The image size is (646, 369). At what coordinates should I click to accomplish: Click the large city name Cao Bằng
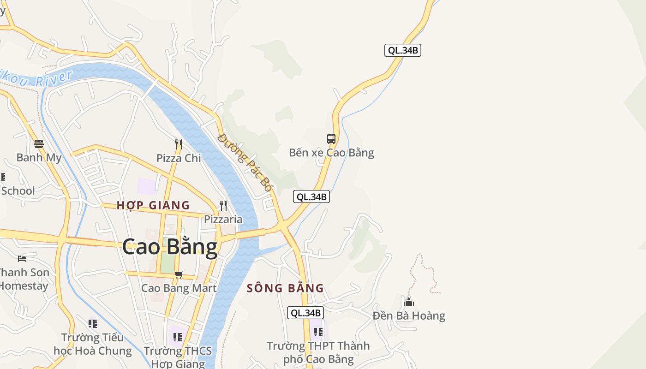coord(170,247)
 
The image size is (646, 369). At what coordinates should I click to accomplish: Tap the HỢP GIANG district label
coord(153,205)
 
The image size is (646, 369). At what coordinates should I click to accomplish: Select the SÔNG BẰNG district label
coord(285,288)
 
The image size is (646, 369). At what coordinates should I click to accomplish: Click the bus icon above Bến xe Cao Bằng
coord(331,138)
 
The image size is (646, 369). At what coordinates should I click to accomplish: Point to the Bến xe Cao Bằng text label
coord(331,153)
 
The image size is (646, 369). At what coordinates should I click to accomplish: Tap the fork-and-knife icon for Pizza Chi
coord(179,144)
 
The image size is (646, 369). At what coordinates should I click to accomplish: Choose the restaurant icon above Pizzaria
coord(223,205)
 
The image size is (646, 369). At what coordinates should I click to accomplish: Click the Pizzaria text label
coord(223,219)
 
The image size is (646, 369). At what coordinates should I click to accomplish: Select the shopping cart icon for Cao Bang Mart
coord(179,275)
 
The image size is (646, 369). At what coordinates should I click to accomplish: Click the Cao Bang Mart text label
coord(179,288)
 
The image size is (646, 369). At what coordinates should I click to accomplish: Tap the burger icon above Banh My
coord(39,144)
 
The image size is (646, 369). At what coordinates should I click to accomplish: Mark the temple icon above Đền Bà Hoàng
coord(409,302)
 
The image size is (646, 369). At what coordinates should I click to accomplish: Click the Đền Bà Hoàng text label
coord(409,316)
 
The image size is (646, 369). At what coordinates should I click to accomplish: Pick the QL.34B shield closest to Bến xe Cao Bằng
coord(311,197)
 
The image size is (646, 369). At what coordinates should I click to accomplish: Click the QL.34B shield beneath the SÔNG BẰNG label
coord(305,313)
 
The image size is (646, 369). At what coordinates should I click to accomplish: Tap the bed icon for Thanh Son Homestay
coord(22,258)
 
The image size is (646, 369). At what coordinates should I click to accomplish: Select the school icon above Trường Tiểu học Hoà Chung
coord(93,324)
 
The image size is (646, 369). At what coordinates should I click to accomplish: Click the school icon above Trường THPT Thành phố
coord(318,332)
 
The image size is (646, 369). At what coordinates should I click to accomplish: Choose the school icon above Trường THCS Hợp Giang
coord(178,337)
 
